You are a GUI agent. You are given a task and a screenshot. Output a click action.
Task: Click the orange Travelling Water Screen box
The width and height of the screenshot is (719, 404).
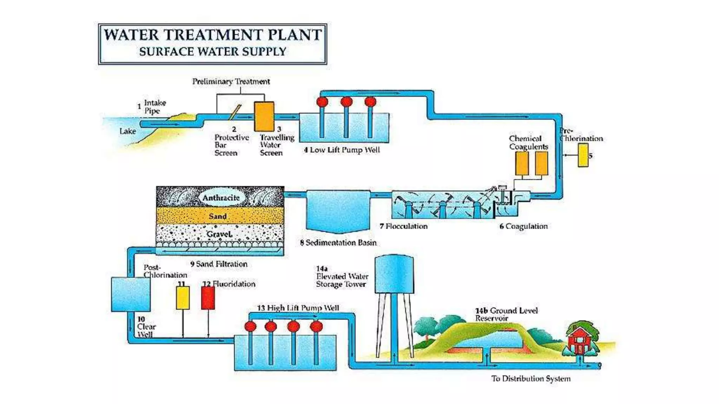tap(264, 116)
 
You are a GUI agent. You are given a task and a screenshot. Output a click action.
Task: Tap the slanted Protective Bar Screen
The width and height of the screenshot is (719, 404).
tap(235, 112)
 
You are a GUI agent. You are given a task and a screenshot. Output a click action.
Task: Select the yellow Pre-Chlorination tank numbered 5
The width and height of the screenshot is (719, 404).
tap(583, 155)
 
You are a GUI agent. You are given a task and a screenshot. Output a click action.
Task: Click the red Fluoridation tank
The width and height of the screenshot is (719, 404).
tap(208, 298)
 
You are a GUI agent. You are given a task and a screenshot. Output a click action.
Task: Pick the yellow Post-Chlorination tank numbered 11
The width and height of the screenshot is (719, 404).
tap(183, 298)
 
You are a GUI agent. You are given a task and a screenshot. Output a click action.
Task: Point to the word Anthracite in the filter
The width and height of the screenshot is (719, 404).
tap(221, 198)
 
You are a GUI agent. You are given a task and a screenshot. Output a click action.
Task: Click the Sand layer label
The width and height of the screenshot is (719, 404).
tap(218, 216)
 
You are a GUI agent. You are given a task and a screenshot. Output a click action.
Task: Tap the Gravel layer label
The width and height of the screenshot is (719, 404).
tap(219, 234)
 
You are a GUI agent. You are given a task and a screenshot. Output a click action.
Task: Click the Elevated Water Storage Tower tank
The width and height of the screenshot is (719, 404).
tap(394, 274)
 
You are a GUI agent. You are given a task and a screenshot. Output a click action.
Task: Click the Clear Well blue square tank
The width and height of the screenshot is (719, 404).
tap(131, 294)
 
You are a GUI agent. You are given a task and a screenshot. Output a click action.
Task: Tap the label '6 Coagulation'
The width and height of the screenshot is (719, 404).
tap(523, 226)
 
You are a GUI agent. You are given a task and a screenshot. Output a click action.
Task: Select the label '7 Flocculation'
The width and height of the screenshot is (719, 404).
tap(404, 226)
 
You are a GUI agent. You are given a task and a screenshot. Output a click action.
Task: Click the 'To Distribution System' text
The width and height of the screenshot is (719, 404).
tap(531, 378)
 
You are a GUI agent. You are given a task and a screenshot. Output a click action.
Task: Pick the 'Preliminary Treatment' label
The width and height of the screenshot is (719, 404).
tap(231, 81)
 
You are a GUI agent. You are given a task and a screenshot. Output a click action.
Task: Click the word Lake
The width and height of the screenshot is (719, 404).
tap(127, 131)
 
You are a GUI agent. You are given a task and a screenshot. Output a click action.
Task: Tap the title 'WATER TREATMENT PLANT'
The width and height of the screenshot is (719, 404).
tap(213, 35)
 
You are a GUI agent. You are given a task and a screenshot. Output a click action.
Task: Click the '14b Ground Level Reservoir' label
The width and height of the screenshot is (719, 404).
tap(506, 314)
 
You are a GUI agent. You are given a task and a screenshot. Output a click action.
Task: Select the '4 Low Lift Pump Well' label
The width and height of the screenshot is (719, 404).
tap(342, 150)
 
